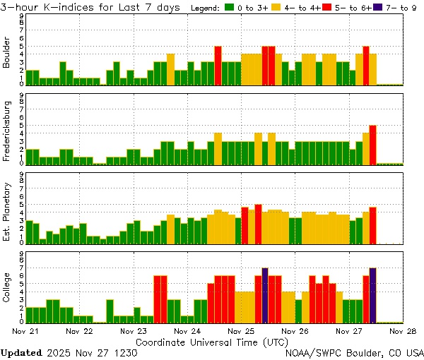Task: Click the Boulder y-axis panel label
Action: point(7,54)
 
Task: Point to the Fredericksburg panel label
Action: point(7,131)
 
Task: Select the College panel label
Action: point(7,289)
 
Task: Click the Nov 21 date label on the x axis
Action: point(25,330)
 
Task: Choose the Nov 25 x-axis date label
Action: point(241,330)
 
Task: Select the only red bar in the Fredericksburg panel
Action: point(372,145)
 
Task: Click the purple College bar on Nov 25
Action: point(265,295)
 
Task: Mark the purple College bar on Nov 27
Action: point(372,295)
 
